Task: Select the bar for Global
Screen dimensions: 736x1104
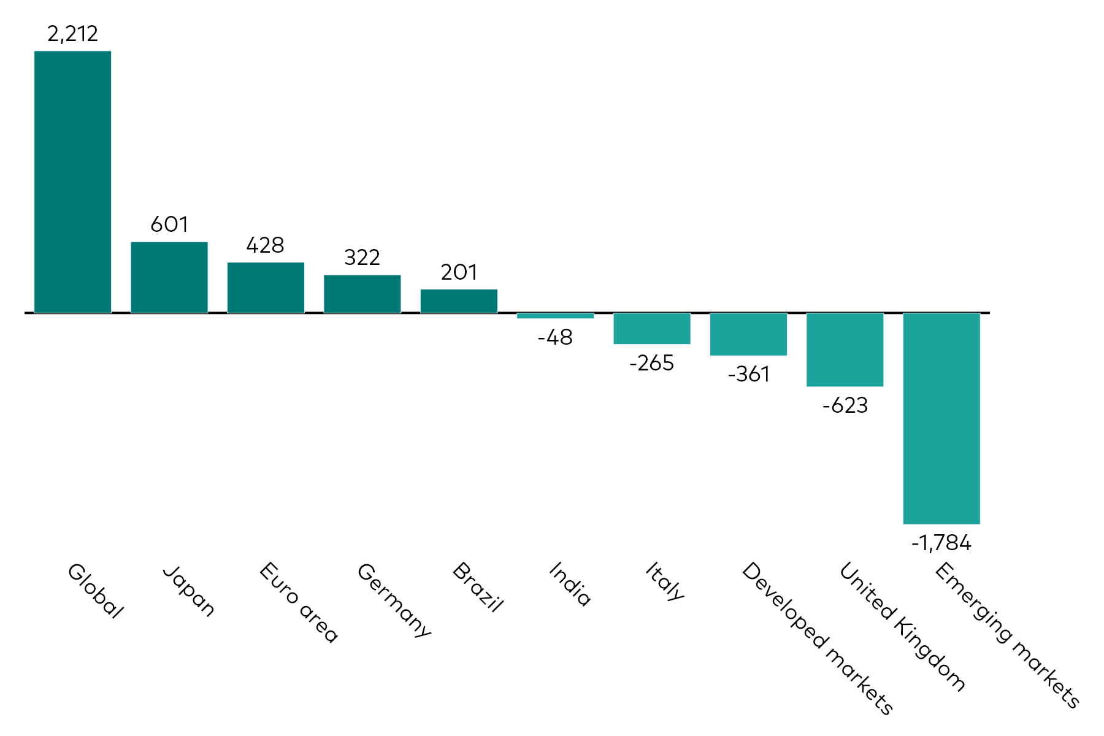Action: pyautogui.click(x=72, y=182)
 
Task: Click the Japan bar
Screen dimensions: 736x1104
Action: pyautogui.click(x=169, y=278)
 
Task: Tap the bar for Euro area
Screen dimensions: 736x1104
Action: pyautogui.click(x=266, y=288)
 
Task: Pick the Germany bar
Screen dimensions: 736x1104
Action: pyautogui.click(x=362, y=294)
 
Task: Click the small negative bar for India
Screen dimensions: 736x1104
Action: pyautogui.click(x=555, y=316)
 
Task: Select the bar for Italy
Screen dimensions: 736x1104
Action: pyautogui.click(x=652, y=329)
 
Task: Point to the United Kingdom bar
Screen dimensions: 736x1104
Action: pyautogui.click(x=845, y=350)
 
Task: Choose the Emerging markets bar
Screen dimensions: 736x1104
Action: pyautogui.click(x=941, y=418)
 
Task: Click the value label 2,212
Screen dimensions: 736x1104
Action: pyautogui.click(x=72, y=34)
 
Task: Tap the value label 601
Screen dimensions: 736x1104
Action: pyautogui.click(x=169, y=224)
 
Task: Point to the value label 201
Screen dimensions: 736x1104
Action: pyautogui.click(x=459, y=272)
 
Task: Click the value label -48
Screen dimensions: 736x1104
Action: pyautogui.click(x=555, y=337)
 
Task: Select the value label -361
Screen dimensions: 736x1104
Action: pyautogui.click(x=748, y=374)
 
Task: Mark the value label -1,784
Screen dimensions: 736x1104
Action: pyautogui.click(x=941, y=543)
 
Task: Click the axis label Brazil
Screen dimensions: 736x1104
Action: pyautogui.click(x=478, y=587)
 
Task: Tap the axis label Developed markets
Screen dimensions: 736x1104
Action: pyautogui.click(x=817, y=638)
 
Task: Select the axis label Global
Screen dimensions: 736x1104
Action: pyautogui.click(x=95, y=590)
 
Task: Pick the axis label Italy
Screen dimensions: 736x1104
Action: pyautogui.click(x=664, y=581)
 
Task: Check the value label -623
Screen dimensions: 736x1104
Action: pyautogui.click(x=845, y=405)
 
